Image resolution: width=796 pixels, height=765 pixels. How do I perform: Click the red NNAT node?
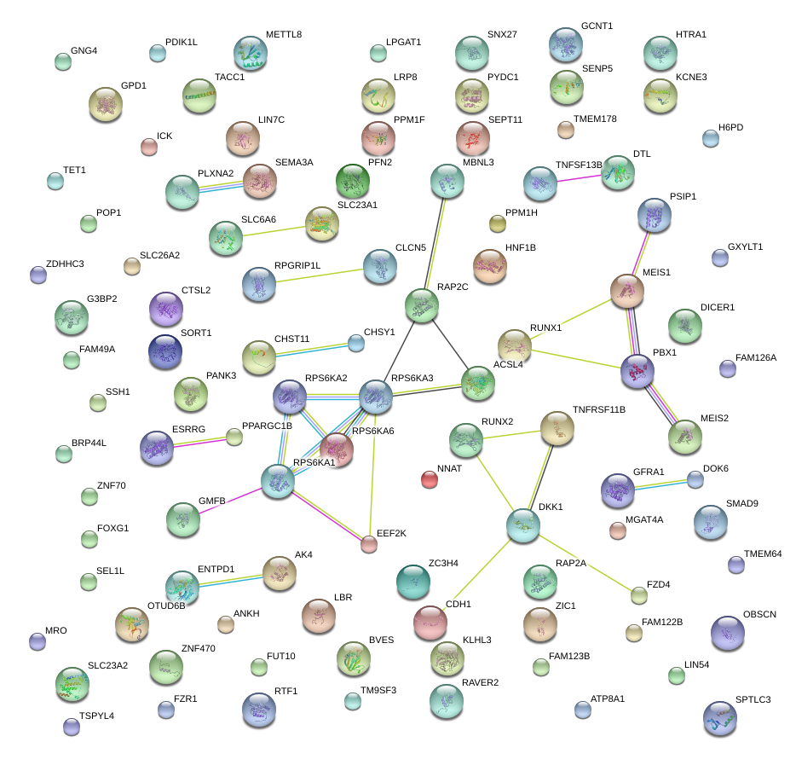pos(430,479)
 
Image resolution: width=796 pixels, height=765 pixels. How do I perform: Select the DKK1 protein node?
pos(522,525)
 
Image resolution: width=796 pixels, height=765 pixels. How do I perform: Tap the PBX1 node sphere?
pos(637,369)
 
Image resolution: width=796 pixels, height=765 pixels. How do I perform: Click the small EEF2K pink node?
pos(369,544)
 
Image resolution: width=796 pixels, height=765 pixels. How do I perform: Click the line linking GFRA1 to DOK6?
pos(659,484)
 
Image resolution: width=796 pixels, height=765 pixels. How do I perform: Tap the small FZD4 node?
pos(639,595)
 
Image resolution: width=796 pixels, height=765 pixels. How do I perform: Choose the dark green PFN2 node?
pos(351,181)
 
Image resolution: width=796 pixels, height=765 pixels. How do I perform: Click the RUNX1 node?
pos(514,345)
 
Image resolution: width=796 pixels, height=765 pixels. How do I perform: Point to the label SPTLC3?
pos(753,700)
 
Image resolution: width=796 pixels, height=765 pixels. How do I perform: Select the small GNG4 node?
pos(63,61)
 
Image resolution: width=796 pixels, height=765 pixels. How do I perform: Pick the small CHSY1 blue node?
pos(356,344)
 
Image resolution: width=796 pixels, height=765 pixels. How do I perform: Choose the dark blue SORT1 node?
pos(165,351)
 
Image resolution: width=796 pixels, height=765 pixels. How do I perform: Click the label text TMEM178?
pos(595,119)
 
